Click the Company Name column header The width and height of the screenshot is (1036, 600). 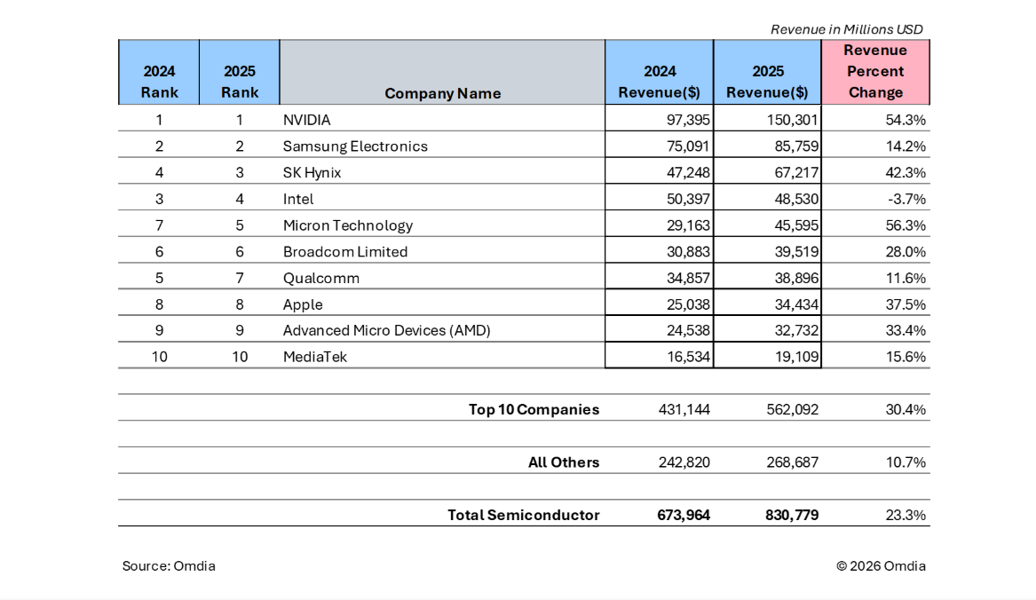pos(442,93)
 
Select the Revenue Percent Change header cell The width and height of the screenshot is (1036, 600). pos(875,72)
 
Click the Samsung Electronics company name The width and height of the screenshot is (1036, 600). pos(355,146)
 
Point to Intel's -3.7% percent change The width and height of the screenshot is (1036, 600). pos(906,199)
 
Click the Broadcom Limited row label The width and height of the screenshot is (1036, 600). pos(345,252)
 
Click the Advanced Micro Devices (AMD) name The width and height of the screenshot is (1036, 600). pos(386,331)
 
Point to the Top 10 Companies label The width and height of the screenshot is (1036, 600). pos(534,410)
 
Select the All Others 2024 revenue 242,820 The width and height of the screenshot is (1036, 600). pos(683,462)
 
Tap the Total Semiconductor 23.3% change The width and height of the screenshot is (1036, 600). pos(906,515)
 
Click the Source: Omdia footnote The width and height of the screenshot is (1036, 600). pos(169,566)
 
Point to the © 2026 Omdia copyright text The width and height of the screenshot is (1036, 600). pos(881,566)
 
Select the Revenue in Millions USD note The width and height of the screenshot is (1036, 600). pos(846,29)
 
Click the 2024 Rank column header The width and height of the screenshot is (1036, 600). pos(159,82)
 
